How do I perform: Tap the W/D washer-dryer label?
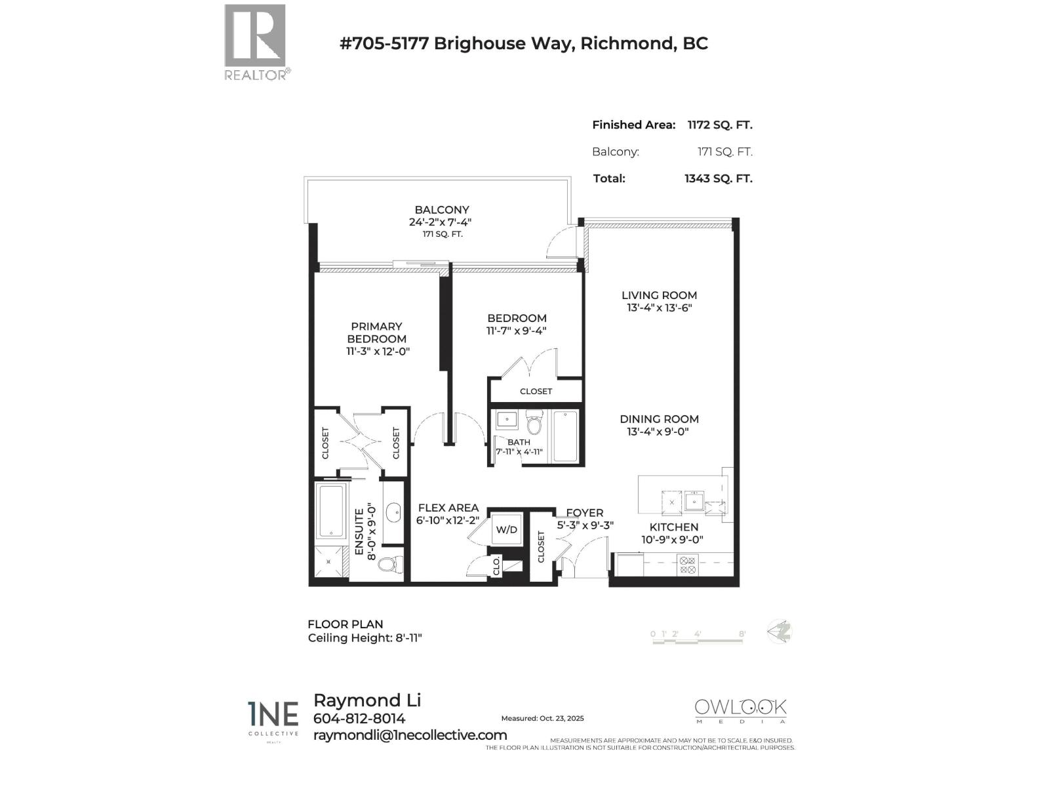click(506, 529)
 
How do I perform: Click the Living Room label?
click(659, 295)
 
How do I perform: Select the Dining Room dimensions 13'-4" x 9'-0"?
click(658, 432)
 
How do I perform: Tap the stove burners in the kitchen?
click(686, 565)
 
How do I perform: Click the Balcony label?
click(442, 210)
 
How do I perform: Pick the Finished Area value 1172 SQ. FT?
click(719, 125)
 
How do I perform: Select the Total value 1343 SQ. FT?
click(718, 178)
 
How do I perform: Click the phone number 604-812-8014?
click(359, 719)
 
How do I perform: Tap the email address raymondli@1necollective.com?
click(410, 735)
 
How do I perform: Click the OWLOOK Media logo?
click(740, 711)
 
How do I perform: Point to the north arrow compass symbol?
click(780, 632)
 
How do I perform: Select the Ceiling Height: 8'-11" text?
click(365, 638)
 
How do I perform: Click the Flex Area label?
click(448, 508)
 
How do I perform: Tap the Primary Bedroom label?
click(376, 333)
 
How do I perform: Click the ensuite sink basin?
click(393, 513)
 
